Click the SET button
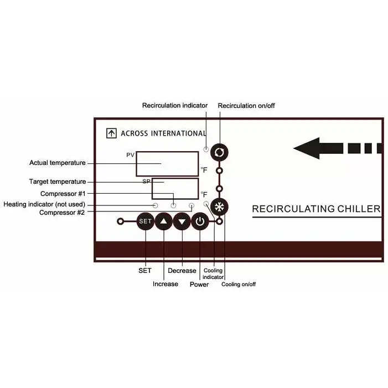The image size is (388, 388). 145,222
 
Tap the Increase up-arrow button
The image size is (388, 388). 164,222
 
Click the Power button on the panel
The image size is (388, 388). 200,222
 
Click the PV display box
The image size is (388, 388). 167,164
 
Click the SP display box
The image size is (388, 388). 175,188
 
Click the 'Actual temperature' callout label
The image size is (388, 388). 58,163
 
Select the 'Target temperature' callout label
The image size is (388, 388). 58,182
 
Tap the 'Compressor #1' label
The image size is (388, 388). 63,194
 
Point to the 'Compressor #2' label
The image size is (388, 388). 62,212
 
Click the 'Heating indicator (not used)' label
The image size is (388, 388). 44,204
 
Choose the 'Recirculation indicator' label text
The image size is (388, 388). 175,105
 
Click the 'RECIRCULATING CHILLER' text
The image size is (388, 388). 316,209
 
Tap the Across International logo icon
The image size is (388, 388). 111,133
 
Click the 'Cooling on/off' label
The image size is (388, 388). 239,284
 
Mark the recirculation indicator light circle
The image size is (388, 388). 206,149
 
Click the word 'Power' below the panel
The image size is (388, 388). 199,284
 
